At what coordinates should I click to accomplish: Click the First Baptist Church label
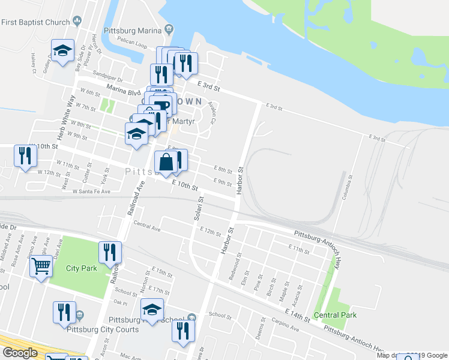click(x=36, y=22)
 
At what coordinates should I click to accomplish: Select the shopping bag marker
click(x=166, y=163)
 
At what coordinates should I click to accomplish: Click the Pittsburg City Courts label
click(x=103, y=329)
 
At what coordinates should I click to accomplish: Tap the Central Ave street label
click(x=147, y=228)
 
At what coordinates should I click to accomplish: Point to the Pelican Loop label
click(x=133, y=45)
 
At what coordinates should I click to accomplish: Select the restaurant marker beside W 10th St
click(x=25, y=156)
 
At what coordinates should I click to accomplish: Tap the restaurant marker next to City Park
click(x=110, y=252)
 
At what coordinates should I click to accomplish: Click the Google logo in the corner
click(x=19, y=353)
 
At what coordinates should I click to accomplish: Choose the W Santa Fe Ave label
click(x=91, y=191)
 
